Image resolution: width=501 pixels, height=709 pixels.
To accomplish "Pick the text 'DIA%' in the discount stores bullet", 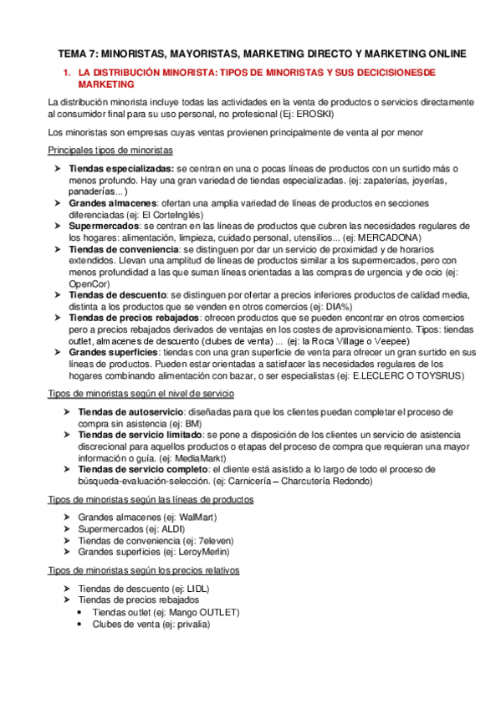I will tap(337, 305).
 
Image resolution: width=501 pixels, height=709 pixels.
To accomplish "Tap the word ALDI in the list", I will tap(175, 529).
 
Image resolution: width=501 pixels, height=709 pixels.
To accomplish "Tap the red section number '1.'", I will tap(68, 73).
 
